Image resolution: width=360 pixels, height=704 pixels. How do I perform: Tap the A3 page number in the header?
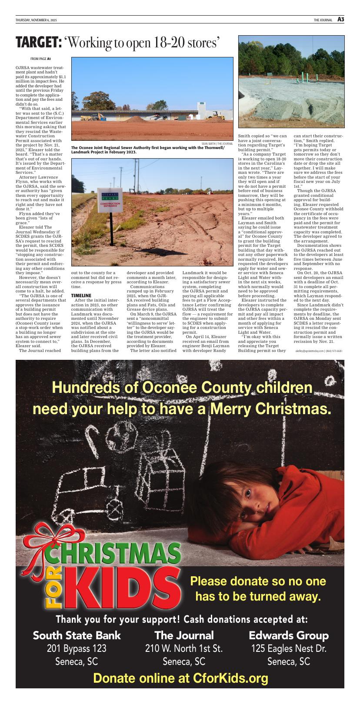tap(340, 20)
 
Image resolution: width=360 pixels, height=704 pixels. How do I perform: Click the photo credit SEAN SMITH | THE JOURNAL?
tap(217, 143)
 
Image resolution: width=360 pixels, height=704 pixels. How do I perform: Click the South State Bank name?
tap(77, 635)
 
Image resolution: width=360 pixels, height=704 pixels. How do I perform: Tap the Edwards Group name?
tap(289, 635)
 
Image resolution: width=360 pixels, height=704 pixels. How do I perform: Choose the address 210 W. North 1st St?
tap(184, 649)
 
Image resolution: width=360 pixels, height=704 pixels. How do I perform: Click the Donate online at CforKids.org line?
tap(180, 678)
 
